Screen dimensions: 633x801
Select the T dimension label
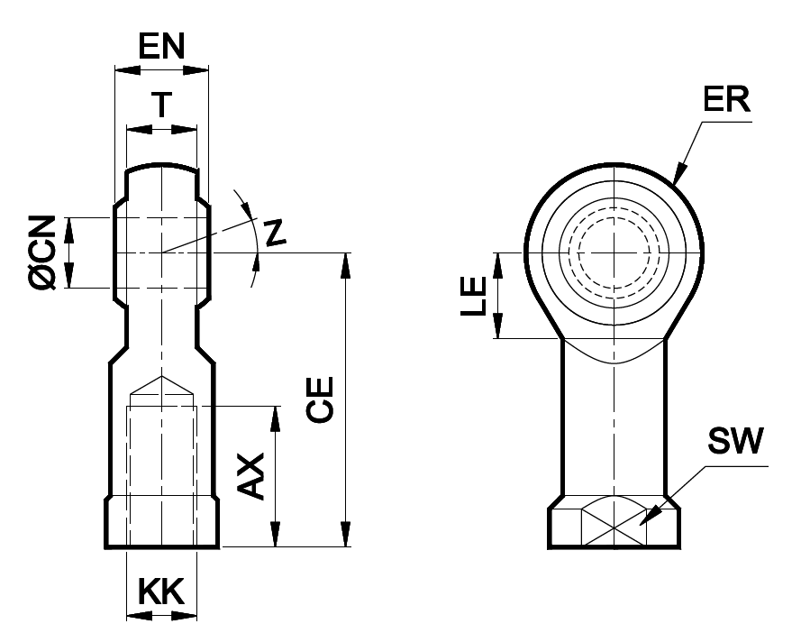(160, 105)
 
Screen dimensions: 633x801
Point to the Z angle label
(277, 233)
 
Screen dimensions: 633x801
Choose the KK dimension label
(160, 592)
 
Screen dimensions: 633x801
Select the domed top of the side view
(161, 168)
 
